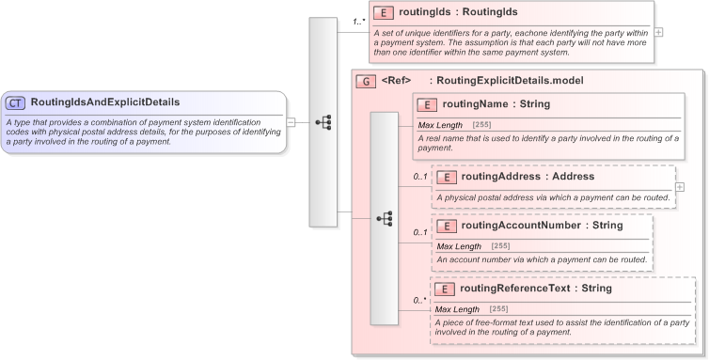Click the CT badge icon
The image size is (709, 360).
tap(16, 102)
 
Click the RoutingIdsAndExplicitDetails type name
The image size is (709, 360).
tap(104, 102)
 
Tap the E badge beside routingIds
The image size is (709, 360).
tap(383, 13)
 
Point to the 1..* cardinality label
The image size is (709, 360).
tap(359, 21)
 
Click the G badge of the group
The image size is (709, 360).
tap(362, 81)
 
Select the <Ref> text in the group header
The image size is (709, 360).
tap(396, 81)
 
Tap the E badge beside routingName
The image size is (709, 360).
tap(427, 104)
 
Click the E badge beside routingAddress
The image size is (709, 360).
tap(446, 176)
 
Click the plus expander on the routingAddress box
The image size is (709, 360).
tap(680, 186)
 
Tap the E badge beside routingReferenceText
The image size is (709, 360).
tap(446, 289)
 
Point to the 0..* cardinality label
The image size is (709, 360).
tap(419, 301)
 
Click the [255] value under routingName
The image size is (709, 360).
tap(481, 124)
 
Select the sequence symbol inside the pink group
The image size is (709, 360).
tap(384, 218)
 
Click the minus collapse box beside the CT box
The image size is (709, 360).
tap(291, 121)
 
